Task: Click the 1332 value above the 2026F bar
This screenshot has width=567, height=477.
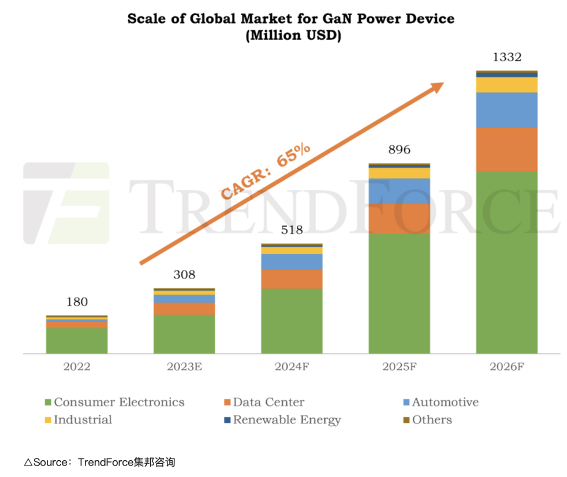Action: [506, 57]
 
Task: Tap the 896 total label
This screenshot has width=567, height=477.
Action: [399, 150]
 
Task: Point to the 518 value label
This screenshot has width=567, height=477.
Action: [292, 230]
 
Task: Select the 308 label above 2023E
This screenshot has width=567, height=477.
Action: [184, 275]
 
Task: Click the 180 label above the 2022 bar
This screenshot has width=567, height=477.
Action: [77, 302]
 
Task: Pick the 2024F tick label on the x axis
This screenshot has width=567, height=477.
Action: [292, 367]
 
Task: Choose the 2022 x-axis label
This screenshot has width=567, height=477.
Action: [77, 367]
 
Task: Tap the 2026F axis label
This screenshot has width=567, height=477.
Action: [506, 367]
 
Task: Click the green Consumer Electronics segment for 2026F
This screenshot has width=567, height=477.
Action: [506, 262]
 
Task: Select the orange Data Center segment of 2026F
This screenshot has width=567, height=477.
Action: [506, 149]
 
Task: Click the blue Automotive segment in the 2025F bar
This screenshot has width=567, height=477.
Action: [399, 190]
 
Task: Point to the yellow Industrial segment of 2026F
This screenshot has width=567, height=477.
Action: [506, 85]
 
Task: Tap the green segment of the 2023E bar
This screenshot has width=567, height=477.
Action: [184, 334]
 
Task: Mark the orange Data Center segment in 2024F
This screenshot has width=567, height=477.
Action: [292, 279]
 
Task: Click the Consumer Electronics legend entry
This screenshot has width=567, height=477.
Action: [118, 402]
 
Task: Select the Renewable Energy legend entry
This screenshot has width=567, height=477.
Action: [286, 420]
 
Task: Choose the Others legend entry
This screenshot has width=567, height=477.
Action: [431, 420]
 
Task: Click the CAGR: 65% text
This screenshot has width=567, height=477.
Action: [266, 171]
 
